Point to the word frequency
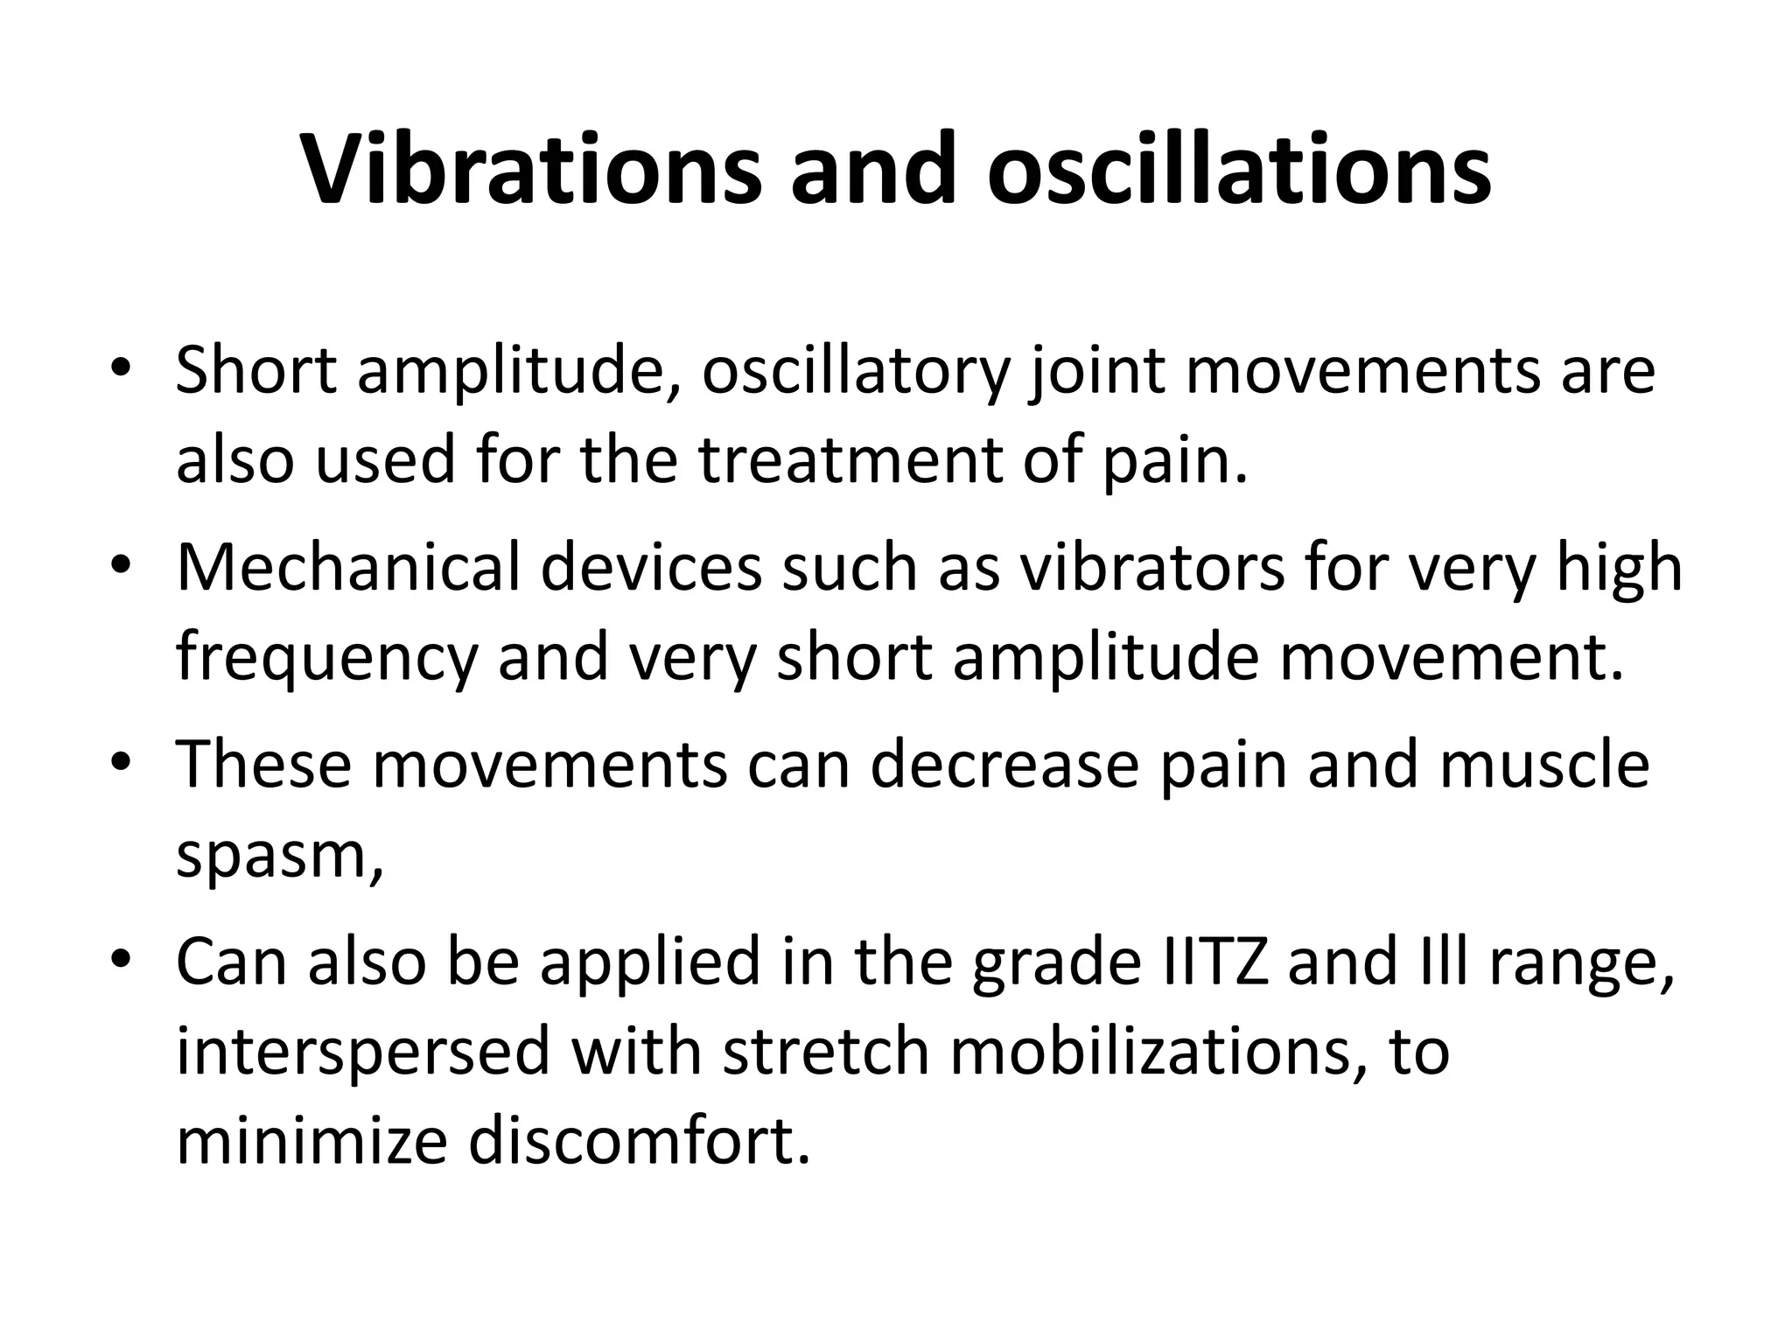[327, 658]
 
